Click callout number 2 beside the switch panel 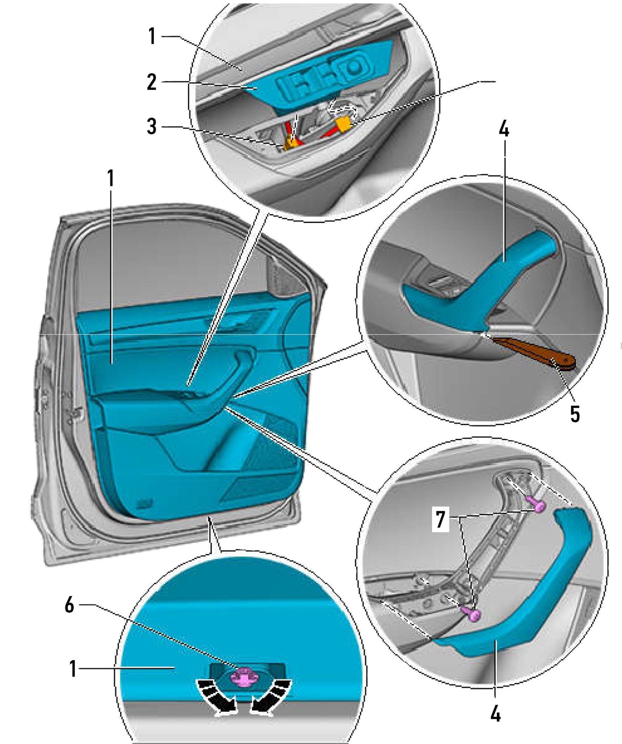click(151, 83)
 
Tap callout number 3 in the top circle click(151, 127)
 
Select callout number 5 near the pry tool click(575, 414)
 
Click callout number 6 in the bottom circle click(69, 605)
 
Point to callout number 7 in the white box click(440, 520)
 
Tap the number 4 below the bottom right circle click(495, 713)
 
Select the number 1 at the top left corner click(152, 37)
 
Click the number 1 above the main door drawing click(111, 179)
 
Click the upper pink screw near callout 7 click(538, 505)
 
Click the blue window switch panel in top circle click(321, 77)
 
